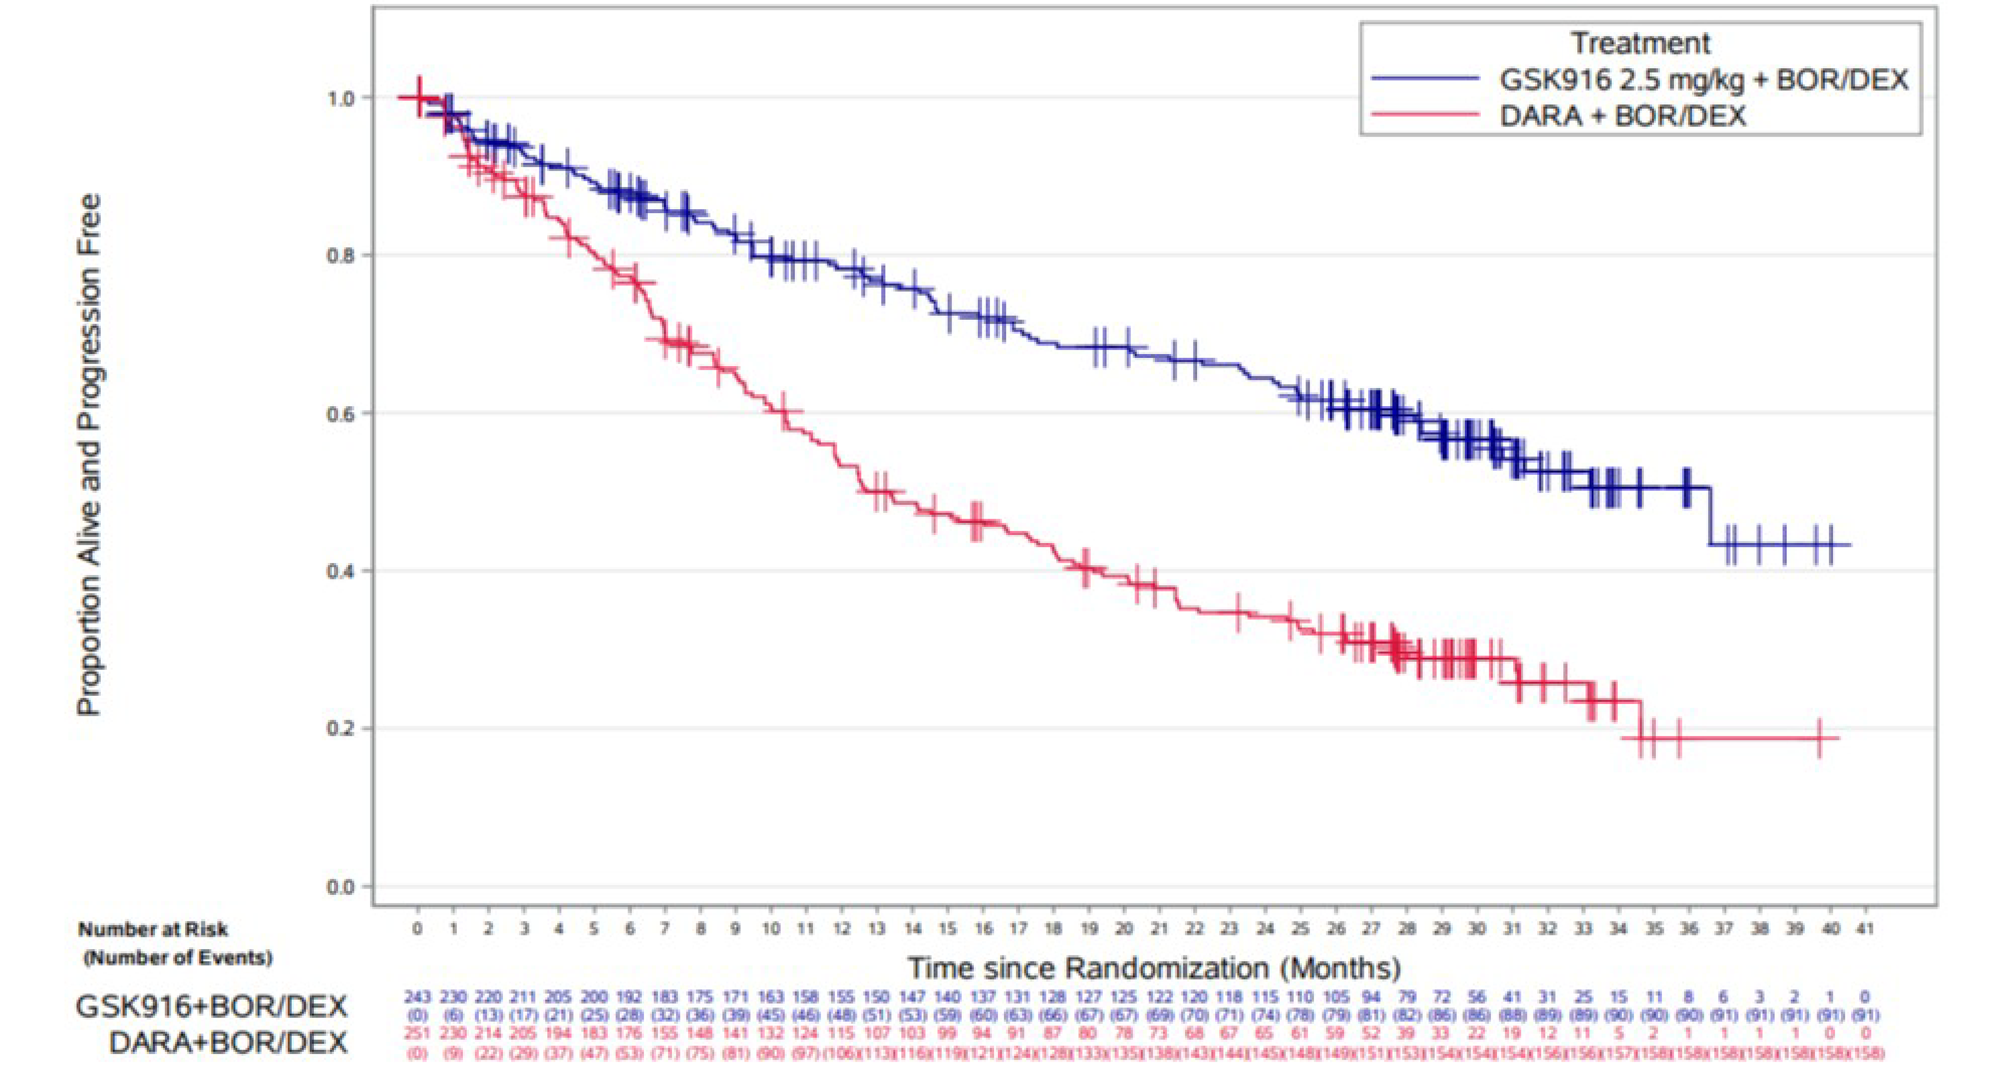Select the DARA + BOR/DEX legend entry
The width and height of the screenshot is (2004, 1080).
click(1621, 115)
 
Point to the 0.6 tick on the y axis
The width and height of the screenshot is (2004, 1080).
click(339, 413)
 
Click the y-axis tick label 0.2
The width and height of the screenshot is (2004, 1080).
click(339, 729)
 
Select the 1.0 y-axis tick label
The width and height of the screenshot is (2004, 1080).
click(339, 98)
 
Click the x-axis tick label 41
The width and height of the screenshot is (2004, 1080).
click(1865, 928)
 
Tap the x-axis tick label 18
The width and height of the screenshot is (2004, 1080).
click(1052, 928)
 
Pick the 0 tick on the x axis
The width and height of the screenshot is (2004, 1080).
click(418, 928)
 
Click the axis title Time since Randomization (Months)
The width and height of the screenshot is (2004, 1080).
click(1155, 968)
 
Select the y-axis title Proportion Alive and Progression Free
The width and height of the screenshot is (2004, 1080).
click(89, 455)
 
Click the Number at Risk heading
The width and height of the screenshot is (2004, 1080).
click(153, 929)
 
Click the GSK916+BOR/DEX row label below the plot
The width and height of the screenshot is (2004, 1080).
click(211, 1006)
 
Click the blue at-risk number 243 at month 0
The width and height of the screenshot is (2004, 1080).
click(418, 996)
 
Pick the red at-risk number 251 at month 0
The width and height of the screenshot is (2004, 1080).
click(418, 1033)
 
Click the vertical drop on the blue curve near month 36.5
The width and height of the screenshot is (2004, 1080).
click(1709, 516)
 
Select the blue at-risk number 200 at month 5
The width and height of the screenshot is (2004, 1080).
click(594, 996)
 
